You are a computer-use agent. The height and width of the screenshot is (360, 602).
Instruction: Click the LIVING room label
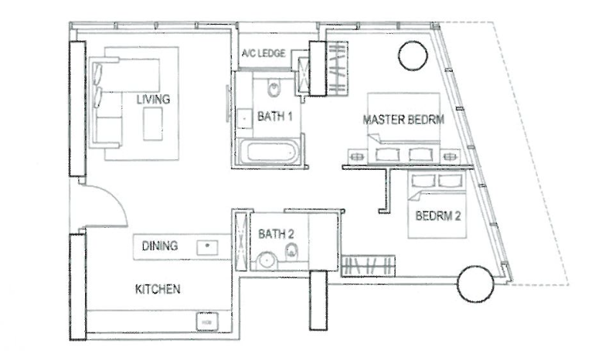pyautogui.click(x=153, y=100)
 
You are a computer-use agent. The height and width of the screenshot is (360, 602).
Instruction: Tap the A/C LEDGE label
pyautogui.click(x=264, y=53)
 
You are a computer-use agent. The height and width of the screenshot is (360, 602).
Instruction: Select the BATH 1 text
pyautogui.click(x=275, y=116)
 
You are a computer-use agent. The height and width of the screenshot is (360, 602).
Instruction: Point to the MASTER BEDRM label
pyautogui.click(x=403, y=120)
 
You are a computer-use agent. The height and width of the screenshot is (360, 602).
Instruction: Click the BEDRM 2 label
pyautogui.click(x=438, y=216)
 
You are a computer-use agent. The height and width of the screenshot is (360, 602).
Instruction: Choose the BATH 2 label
pyautogui.click(x=276, y=234)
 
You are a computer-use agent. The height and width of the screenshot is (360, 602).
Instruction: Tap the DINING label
pyautogui.click(x=160, y=246)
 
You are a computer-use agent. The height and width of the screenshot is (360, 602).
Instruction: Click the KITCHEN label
pyautogui.click(x=158, y=289)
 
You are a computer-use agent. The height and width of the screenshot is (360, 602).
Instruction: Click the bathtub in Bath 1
pyautogui.click(x=270, y=152)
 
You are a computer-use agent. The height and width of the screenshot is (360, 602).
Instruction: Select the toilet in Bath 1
pyautogui.click(x=274, y=89)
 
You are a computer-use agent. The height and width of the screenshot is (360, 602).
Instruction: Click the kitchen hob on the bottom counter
pyautogui.click(x=207, y=321)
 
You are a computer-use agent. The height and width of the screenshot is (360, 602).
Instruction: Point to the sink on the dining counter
pyautogui.click(x=207, y=247)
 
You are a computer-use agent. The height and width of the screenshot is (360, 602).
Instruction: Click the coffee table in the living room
pyautogui.click(x=153, y=124)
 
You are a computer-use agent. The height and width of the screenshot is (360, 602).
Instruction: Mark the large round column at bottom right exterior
pyautogui.click(x=475, y=284)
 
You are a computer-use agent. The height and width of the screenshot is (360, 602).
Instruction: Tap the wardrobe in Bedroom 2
pyautogui.click(x=368, y=266)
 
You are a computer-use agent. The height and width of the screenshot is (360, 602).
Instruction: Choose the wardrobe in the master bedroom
pyautogui.click(x=337, y=68)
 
